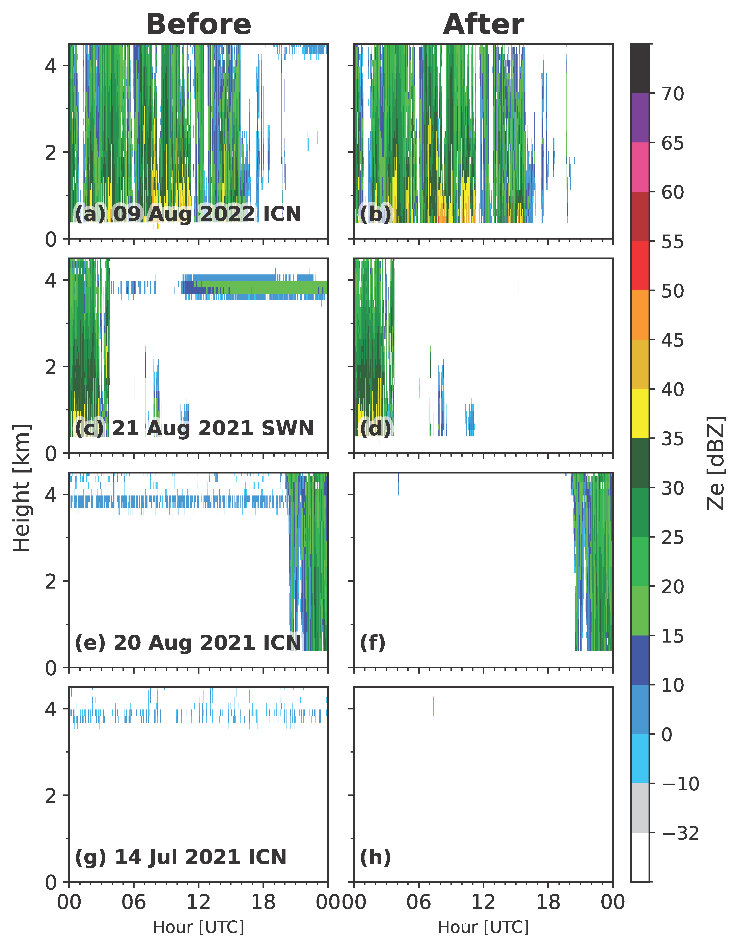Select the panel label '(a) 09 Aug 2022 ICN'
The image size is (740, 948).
tap(188, 214)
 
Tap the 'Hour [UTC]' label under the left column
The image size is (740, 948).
tap(198, 927)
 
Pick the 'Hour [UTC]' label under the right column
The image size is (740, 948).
tap(483, 927)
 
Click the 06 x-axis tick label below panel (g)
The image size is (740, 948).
tap(134, 902)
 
